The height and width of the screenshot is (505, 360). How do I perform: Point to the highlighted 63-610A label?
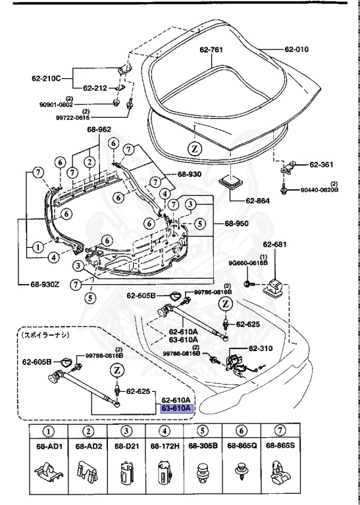coord(176,408)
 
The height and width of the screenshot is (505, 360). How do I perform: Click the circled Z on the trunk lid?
coord(195,149)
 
